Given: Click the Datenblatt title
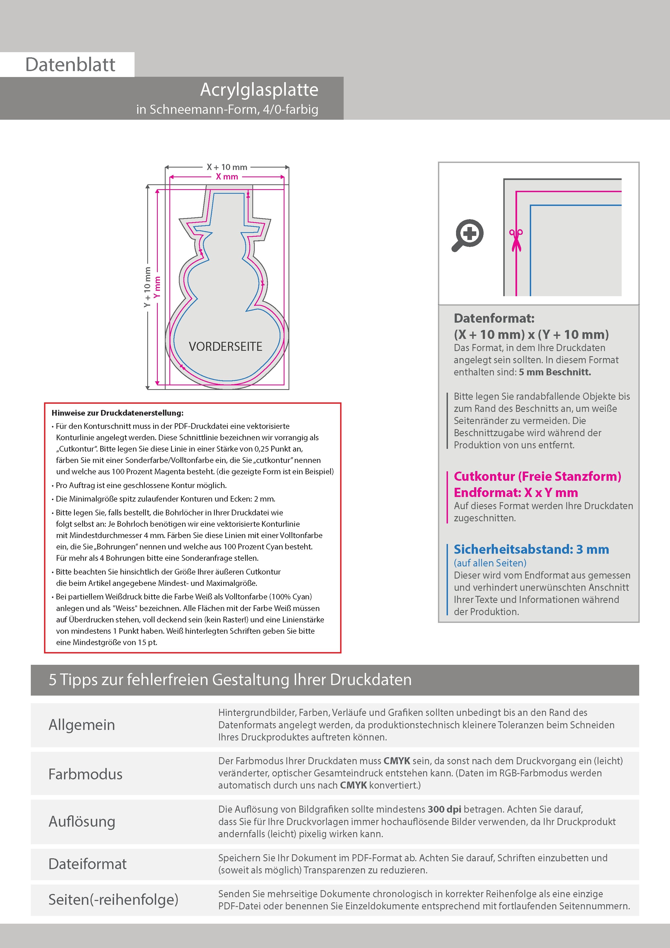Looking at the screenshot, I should click(70, 65).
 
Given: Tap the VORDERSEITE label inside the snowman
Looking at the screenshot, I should click(225, 346).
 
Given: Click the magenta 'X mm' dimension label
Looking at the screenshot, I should click(227, 177).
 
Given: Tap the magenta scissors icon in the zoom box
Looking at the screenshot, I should click(516, 240).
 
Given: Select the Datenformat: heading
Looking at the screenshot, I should click(494, 318).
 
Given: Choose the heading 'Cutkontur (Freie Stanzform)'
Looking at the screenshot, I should click(537, 476).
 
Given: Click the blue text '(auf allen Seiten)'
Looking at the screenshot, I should click(490, 563).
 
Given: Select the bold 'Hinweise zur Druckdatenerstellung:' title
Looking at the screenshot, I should click(118, 413).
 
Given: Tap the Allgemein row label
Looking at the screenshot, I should click(82, 725).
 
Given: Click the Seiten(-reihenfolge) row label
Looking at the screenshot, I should click(113, 900).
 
